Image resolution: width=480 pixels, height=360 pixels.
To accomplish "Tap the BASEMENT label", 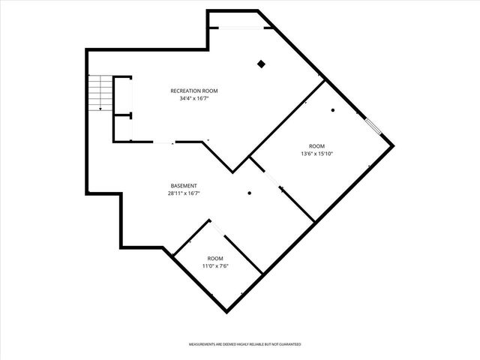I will coord(183,185).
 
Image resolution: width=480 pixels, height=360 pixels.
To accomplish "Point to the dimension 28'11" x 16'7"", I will coord(183,193).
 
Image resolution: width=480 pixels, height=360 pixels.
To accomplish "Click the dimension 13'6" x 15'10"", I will coord(316,153).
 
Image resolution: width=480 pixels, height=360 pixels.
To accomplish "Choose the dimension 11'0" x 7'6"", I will coord(214,265).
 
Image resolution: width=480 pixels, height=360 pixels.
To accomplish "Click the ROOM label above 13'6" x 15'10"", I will coord(316,145).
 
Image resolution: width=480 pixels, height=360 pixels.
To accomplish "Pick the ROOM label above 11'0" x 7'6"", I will coord(214,258).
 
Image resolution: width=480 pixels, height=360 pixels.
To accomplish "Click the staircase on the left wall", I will coord(100,93).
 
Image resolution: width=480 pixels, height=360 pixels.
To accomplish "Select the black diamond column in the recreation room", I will coord(260,64).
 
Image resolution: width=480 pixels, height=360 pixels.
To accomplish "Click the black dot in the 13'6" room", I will coord(333,111).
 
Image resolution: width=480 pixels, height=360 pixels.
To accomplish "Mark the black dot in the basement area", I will coord(250,193).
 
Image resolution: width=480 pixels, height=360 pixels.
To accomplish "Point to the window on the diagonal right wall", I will coord(373,124).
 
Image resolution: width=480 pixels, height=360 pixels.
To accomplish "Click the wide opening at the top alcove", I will coord(238,28).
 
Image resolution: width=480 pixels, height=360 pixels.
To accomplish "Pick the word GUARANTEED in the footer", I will coord(286,343).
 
